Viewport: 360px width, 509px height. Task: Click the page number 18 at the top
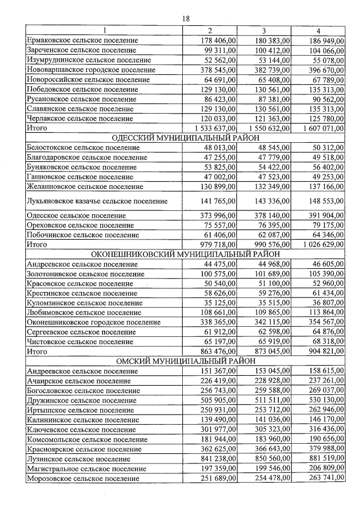[186, 19]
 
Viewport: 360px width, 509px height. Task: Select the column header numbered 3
[264, 30]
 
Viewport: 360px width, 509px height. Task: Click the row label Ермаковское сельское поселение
[82, 40]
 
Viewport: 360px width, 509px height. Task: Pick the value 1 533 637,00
[212, 128]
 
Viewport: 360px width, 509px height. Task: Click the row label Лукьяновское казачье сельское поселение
[97, 201]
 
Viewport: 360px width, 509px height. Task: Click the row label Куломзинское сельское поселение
[84, 303]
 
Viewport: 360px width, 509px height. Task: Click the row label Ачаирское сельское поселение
[79, 381]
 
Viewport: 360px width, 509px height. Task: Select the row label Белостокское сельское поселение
[83, 148]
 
